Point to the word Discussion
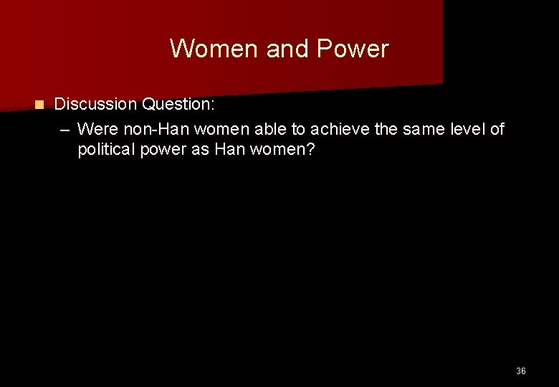[96, 105]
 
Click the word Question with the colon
[178, 105]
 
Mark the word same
[408, 129]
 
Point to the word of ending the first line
[497, 129]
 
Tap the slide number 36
[520, 371]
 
